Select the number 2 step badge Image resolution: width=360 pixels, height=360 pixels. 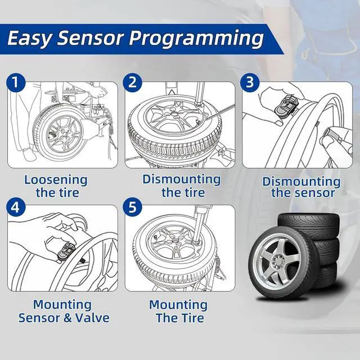pos(133,83)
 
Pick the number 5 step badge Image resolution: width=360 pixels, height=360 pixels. pos(133,206)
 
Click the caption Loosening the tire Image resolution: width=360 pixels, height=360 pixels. pos(55,187)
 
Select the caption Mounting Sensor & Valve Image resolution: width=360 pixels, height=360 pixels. pos(63,311)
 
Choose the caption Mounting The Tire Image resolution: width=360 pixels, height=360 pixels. pos(178,311)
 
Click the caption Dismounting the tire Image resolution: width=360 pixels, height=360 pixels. pos(181,186)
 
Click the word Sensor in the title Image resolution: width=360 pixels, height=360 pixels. pos(94,39)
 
